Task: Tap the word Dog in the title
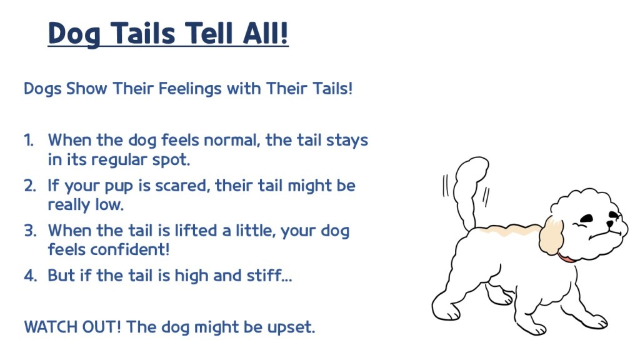[74, 34]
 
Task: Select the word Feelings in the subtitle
[190, 89]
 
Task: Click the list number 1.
[28, 140]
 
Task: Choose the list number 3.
[30, 231]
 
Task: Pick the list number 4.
[30, 276]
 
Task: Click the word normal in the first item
[232, 140]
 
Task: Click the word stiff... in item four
[269, 275]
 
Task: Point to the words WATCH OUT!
[72, 327]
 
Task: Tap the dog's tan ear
[551, 237]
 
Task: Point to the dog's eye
[586, 218]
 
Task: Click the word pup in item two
[119, 186]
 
